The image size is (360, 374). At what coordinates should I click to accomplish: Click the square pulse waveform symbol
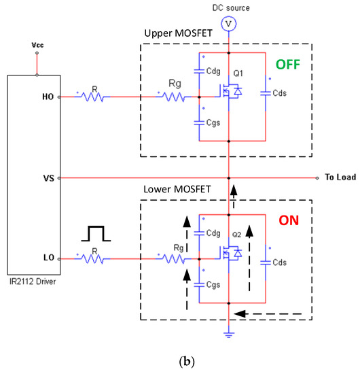coord(96,234)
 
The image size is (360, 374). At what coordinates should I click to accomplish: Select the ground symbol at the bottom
coord(230,335)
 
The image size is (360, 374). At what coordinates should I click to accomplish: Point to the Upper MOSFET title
coord(175,34)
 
